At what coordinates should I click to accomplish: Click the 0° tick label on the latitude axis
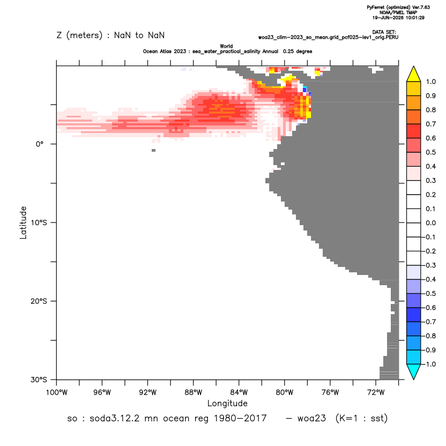(x=40, y=144)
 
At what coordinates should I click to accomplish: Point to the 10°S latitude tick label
(x=39, y=222)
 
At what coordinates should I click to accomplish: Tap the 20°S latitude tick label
(x=39, y=301)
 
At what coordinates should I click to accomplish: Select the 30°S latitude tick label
(x=39, y=380)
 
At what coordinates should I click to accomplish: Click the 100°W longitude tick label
(x=57, y=392)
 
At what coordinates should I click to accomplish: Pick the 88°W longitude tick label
(x=193, y=392)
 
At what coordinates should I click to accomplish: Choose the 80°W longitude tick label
(x=285, y=392)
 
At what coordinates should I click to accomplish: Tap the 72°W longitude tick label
(x=376, y=392)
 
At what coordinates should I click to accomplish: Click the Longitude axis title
(x=227, y=403)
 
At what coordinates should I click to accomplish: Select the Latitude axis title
(x=23, y=222)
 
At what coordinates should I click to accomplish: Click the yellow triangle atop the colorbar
(x=414, y=74)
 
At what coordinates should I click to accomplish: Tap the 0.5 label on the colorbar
(x=430, y=152)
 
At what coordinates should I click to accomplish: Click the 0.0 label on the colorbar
(x=430, y=223)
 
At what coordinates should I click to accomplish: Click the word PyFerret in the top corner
(x=376, y=8)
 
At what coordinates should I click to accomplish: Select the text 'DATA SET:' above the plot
(x=384, y=32)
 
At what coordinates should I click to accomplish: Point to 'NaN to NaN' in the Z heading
(x=139, y=35)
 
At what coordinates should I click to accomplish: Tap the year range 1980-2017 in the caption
(x=240, y=419)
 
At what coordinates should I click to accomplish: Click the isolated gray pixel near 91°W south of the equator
(x=154, y=150)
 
